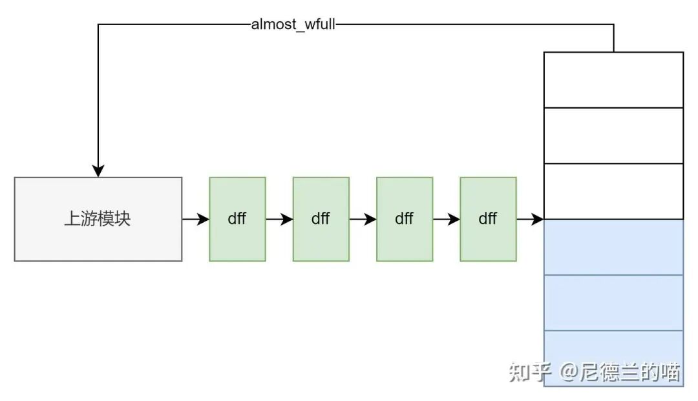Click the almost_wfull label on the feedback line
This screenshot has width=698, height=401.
(293, 26)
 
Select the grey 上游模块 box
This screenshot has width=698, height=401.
(98, 219)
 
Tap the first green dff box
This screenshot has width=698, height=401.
(237, 219)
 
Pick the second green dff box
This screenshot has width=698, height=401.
(321, 219)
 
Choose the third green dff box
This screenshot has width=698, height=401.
(404, 219)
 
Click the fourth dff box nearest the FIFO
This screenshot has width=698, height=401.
(488, 219)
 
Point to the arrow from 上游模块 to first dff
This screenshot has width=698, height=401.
(196, 219)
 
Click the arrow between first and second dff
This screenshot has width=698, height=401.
(279, 219)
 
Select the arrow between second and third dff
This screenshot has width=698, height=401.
(363, 219)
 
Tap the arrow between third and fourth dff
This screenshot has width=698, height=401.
(447, 219)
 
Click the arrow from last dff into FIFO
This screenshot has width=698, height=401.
(530, 219)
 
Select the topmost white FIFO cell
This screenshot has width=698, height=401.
(613, 79)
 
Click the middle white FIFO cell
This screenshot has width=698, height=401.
(613, 135)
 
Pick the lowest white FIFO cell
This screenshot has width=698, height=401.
(613, 190)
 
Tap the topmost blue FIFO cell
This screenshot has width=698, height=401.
(613, 247)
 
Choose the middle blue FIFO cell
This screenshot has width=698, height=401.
(613, 302)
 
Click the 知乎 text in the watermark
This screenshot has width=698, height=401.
(529, 372)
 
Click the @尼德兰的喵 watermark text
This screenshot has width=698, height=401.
(619, 372)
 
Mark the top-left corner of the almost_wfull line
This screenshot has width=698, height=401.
(98, 25)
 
